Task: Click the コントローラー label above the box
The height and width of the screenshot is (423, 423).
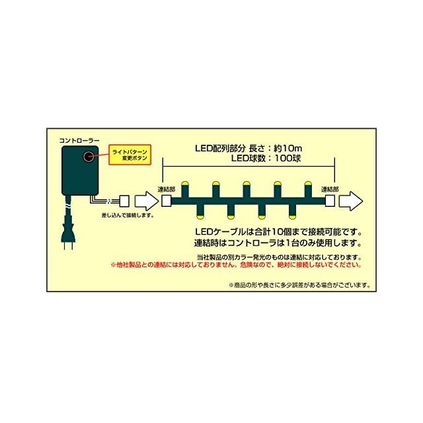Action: (x=79, y=141)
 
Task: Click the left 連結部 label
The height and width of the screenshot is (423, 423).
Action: (x=167, y=189)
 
